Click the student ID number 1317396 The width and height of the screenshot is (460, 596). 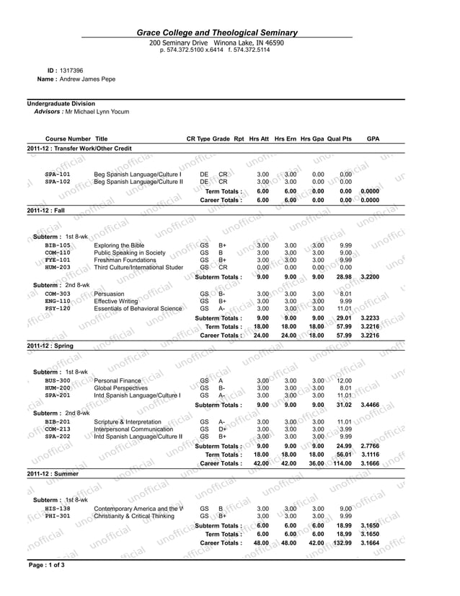click(71, 70)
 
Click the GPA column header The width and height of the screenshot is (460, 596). click(373, 139)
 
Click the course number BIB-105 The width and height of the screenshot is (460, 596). click(58, 245)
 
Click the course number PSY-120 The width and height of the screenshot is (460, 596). click(58, 308)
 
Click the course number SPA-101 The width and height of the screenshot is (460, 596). click(58, 175)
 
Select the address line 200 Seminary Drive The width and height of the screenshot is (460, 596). click(178, 43)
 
